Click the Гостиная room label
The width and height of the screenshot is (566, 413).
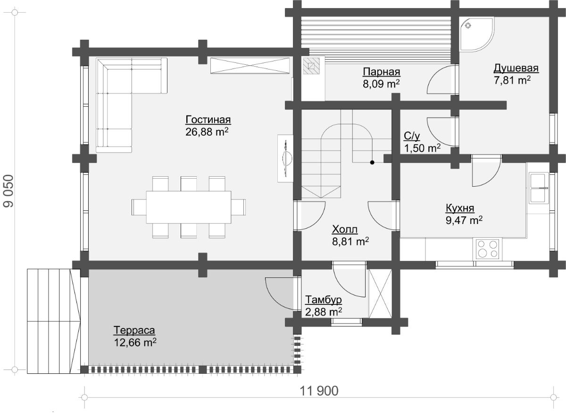[x=208, y=120]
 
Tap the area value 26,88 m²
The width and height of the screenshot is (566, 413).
[x=207, y=132]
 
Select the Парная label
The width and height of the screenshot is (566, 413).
[x=382, y=72]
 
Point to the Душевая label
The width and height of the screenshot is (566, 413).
[x=516, y=69]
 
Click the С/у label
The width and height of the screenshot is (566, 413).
[x=412, y=136]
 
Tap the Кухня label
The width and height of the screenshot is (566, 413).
[x=460, y=208]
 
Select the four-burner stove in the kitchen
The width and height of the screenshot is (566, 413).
[x=488, y=249]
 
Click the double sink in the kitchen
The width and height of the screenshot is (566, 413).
[x=539, y=188]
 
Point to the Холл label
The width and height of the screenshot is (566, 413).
[x=345, y=229]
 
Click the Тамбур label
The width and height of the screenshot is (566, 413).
[x=324, y=300]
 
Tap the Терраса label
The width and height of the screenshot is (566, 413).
[x=134, y=330]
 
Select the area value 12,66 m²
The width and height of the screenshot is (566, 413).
[x=135, y=342]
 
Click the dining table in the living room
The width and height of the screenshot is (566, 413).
[x=189, y=207]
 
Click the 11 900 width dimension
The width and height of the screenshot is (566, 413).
[x=319, y=391]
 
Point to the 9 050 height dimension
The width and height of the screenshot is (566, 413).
[x=8, y=191]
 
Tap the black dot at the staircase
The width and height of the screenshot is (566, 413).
[x=372, y=163]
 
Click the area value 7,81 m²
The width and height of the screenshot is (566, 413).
[x=512, y=80]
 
